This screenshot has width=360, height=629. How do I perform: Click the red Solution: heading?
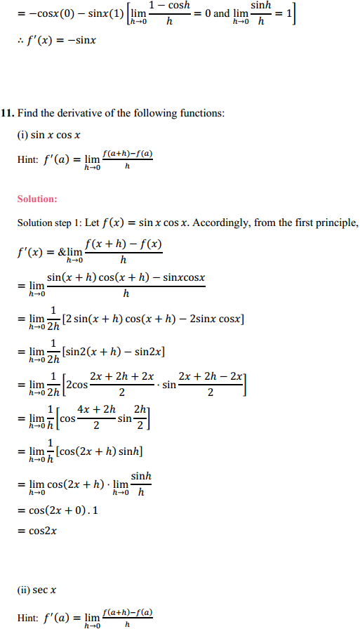coord(37,199)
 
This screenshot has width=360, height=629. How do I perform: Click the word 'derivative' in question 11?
coord(76,112)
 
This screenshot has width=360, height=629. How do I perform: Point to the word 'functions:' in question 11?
coord(201,112)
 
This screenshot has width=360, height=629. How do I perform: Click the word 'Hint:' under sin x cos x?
coord(27,159)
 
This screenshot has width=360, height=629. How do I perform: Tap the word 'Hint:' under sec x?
coord(27,618)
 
